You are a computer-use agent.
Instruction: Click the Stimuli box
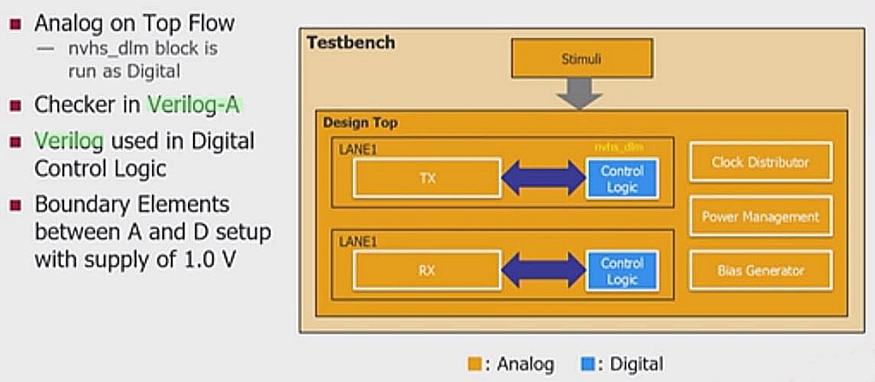[581, 61]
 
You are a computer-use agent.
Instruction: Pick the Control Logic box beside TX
[622, 179]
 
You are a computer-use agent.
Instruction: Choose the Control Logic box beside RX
[622, 272]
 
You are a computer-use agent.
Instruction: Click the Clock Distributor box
[760, 162]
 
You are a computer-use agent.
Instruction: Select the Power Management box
[760, 216]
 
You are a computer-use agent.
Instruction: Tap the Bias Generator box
[760, 271]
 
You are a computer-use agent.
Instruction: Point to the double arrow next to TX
[543, 178]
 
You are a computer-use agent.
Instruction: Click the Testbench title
[350, 43]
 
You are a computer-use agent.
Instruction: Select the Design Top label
[360, 123]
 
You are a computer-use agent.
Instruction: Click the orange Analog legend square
[474, 365]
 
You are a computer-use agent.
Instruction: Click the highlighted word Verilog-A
[194, 105]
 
